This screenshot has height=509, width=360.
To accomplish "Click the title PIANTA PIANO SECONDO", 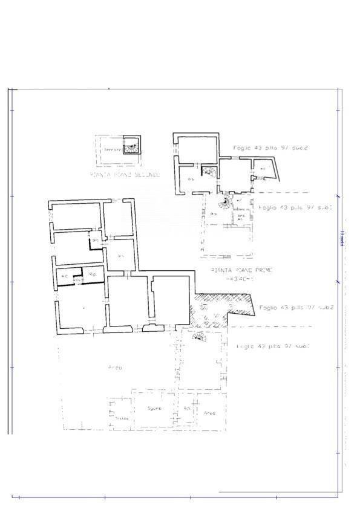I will (x=124, y=175).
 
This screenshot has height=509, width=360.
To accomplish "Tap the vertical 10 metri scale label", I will (x=341, y=239).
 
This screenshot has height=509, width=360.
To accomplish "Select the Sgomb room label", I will (x=155, y=409).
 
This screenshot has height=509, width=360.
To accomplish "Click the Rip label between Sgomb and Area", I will (x=187, y=409).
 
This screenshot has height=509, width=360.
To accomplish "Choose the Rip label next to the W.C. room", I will (x=93, y=274).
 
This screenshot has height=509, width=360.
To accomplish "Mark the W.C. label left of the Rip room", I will (x=64, y=276).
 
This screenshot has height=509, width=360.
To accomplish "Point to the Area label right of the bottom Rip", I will (x=209, y=413).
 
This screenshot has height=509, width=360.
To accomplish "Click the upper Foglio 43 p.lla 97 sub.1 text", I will (x=295, y=207).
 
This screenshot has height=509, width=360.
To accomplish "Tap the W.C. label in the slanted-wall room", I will (x=263, y=168).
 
